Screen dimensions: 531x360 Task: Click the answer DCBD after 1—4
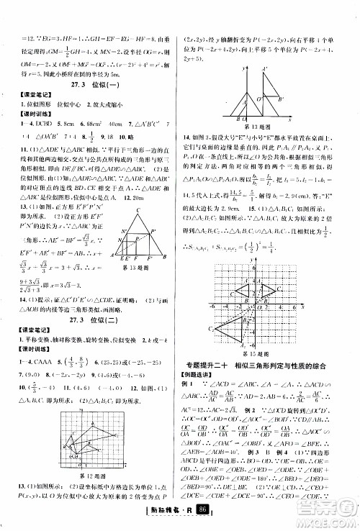[x=43, y=124]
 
